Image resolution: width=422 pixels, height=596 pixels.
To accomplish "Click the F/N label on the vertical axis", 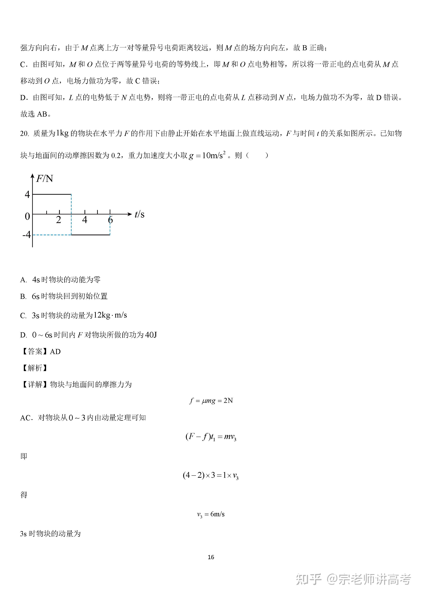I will (x=44, y=179).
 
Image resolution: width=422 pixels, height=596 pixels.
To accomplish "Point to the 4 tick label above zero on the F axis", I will (x=27, y=194).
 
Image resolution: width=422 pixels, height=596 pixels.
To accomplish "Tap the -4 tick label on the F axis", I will (x=27, y=235).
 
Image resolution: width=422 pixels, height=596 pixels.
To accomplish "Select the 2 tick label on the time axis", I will (x=59, y=220).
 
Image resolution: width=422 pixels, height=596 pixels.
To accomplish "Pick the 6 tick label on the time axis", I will (x=110, y=220).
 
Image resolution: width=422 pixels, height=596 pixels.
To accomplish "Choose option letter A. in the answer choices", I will (x=23, y=280).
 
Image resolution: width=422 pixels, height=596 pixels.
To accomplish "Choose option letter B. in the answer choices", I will (x=23, y=296).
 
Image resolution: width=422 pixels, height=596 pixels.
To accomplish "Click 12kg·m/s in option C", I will (x=110, y=315).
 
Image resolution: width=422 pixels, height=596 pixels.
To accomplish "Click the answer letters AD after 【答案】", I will (x=55, y=352).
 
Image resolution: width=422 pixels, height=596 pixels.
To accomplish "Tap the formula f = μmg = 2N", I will (x=211, y=401).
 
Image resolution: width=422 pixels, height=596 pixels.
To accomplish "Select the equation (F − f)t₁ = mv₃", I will (x=211, y=437).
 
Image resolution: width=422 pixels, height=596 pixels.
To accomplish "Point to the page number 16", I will (x=211, y=557).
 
